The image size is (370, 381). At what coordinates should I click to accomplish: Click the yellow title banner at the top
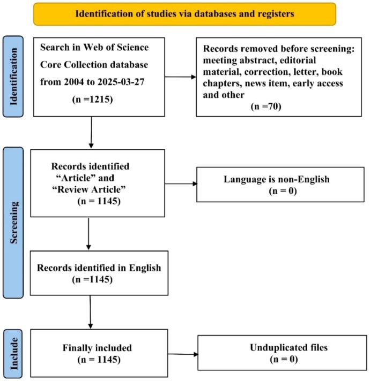click(185, 14)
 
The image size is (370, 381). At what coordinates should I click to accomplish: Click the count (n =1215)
click(92, 100)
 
